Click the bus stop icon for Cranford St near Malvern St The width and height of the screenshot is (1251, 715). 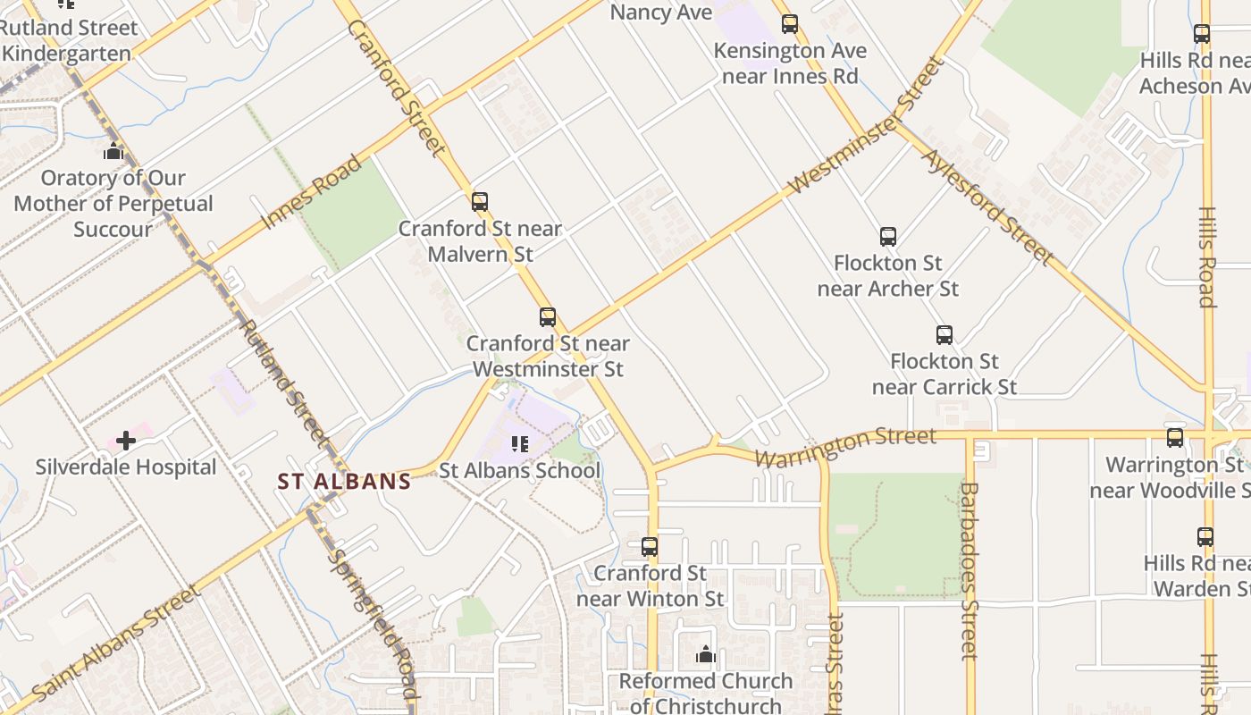coord(480,202)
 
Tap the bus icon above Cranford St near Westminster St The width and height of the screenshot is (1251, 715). coord(548,317)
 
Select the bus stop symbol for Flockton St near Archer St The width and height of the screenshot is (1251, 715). coord(887,237)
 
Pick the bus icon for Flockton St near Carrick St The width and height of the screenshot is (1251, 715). coord(945,335)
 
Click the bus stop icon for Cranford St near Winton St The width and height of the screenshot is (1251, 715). coord(650,546)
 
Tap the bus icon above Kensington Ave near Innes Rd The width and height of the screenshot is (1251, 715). coord(790,24)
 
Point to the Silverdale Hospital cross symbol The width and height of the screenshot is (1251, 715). coord(126,441)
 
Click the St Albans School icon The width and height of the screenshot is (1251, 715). coord(519,443)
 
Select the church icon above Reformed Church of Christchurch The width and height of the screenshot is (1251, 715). coord(706,655)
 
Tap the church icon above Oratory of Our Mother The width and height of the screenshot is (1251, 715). coord(113,152)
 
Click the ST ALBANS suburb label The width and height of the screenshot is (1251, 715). coord(344,482)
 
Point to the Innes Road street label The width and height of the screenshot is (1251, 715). coord(312,192)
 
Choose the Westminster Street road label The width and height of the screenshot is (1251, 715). coord(866,126)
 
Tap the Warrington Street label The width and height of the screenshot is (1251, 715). coord(845,445)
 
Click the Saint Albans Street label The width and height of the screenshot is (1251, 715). coord(117,643)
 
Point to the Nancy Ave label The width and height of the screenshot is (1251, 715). coord(661,13)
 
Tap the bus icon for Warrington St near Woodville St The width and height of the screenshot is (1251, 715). coord(1175,438)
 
